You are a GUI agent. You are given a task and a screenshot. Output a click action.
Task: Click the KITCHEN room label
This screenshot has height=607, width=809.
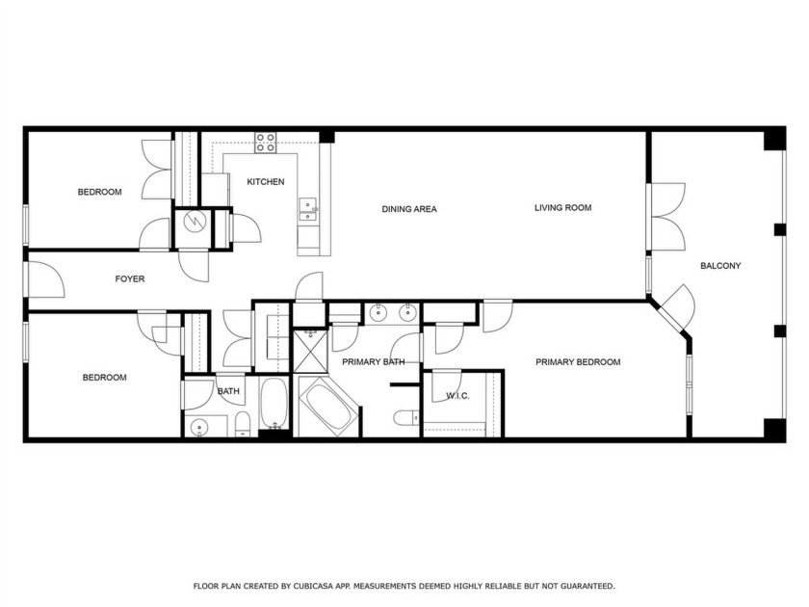pyautogui.click(x=265, y=182)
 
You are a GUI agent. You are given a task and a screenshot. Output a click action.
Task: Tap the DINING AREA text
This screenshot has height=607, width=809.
pyautogui.click(x=409, y=209)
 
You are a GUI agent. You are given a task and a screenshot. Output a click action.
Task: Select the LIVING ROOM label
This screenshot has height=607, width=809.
pyautogui.click(x=562, y=208)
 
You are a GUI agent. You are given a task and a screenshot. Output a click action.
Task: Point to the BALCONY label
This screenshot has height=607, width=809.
pyautogui.click(x=719, y=266)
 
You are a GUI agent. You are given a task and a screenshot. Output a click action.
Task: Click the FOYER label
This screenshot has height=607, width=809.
pyautogui.click(x=130, y=279)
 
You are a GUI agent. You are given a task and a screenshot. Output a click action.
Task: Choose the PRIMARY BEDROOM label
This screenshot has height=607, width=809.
pyautogui.click(x=578, y=362)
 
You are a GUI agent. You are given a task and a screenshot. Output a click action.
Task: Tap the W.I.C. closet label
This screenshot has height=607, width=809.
pyautogui.click(x=457, y=396)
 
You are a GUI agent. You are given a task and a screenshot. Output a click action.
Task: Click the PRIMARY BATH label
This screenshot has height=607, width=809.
pyautogui.click(x=373, y=362)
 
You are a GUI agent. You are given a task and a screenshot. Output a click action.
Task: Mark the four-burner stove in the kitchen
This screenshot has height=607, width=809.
pyautogui.click(x=265, y=143)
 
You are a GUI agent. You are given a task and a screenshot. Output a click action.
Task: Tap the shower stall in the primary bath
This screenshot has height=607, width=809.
pyautogui.click(x=310, y=350)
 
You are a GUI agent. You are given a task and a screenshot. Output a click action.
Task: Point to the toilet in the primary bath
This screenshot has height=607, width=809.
pyautogui.click(x=405, y=417)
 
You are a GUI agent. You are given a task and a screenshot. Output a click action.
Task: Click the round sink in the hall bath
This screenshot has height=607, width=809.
pyautogui.click(x=200, y=426)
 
